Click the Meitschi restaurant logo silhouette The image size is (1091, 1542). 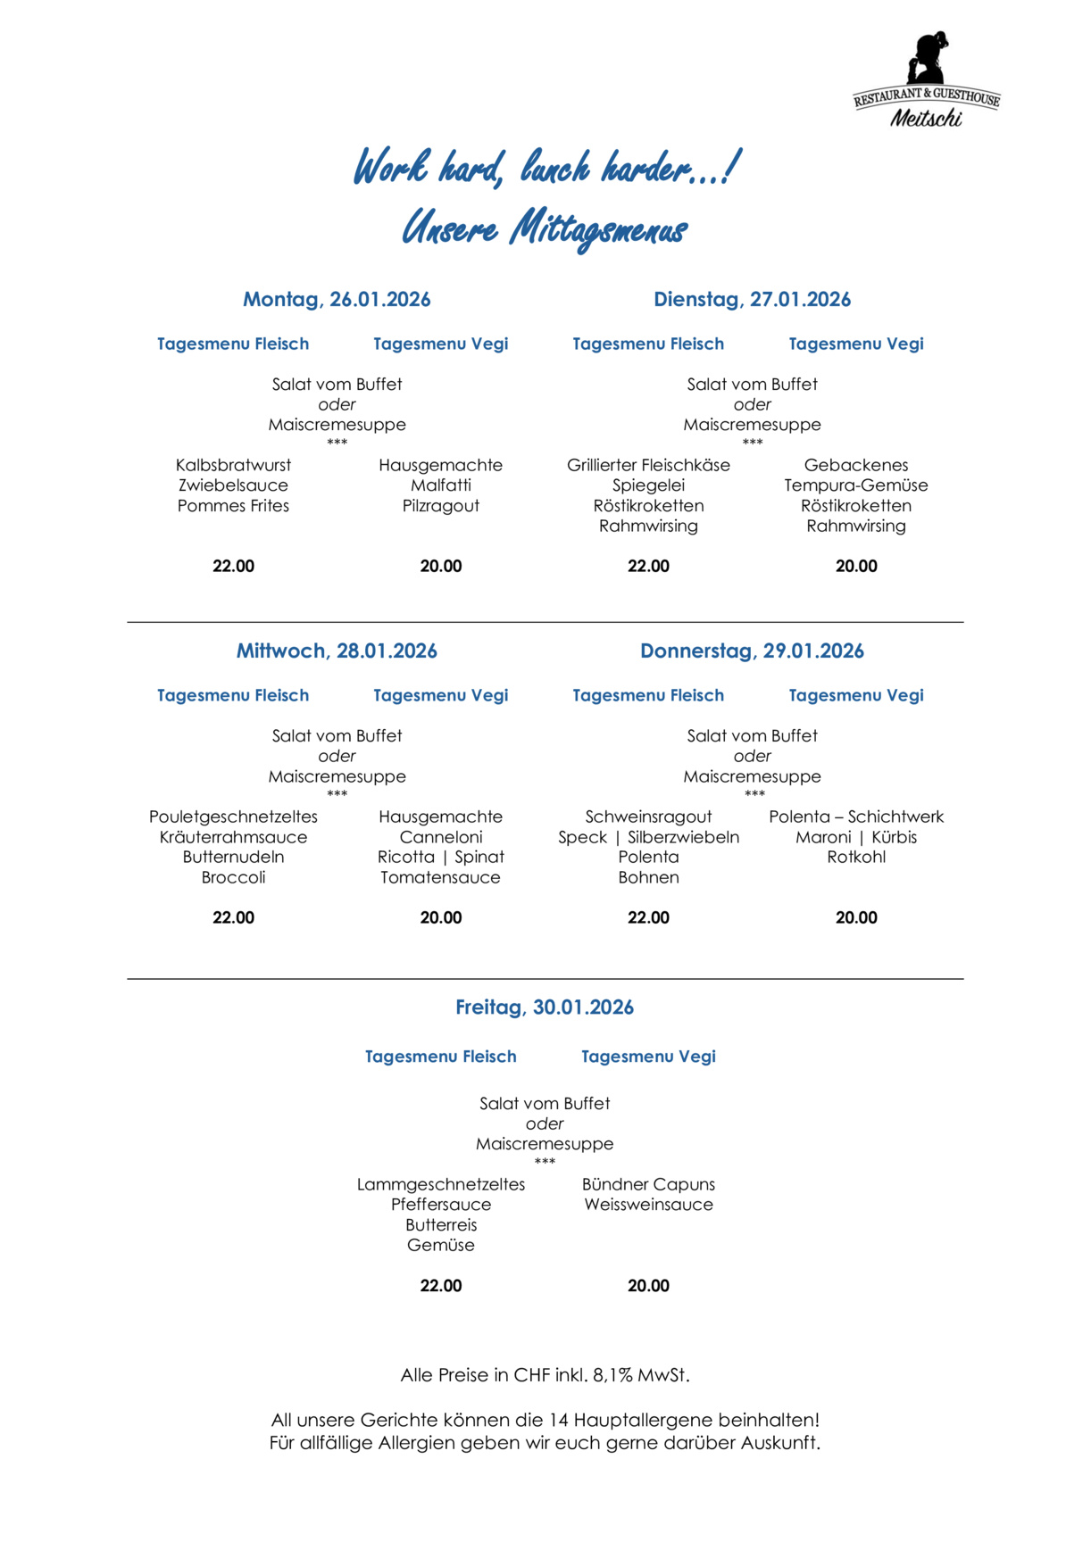coord(928,61)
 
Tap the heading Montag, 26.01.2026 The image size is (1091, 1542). coord(337,300)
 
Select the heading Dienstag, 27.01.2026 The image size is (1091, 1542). coord(752,300)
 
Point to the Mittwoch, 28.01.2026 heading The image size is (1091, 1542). coord(337,651)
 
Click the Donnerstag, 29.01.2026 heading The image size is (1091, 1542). coord(752,651)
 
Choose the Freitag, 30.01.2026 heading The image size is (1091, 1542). coord(545,1007)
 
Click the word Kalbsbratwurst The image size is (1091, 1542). coord(233,465)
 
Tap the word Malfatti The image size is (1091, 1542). coord(441,485)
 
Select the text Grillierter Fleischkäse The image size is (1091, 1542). coord(648,465)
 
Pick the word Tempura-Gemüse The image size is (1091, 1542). coord(856,485)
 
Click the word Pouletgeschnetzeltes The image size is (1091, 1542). coord(233,817)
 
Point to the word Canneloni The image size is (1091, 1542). coord(441,837)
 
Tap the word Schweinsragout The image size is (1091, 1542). coord(648,817)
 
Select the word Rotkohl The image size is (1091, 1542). coord(856,857)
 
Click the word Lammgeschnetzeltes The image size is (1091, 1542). coord(441,1184)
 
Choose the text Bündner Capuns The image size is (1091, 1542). coord(648,1184)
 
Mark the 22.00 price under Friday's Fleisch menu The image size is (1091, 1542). coord(441,1286)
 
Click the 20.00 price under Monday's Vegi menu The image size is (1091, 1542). coord(441,566)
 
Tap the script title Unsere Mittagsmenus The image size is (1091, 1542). coord(545,228)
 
